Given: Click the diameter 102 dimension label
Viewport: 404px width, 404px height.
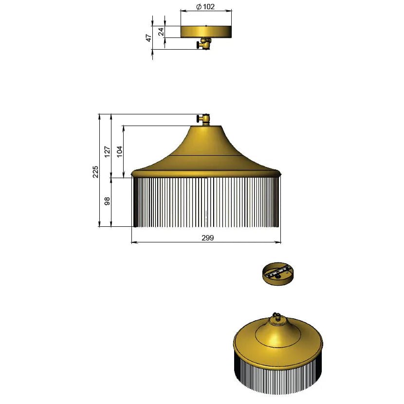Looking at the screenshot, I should coord(205,7).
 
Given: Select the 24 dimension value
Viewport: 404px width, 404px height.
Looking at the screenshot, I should coord(161,32).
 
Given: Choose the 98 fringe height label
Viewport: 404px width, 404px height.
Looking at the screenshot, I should coord(108,201).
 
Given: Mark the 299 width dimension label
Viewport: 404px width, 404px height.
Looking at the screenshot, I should coord(207,238).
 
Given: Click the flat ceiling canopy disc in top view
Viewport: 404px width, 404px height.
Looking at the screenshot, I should coord(206,31).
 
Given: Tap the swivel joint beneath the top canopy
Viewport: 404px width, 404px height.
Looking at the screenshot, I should coord(204,44).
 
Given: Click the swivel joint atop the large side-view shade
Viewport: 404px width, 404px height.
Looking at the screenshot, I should coord(204,119).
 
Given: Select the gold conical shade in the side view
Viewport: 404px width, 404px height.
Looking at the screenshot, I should coord(206,151).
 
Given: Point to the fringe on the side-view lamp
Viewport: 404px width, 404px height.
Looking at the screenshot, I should coord(206,202).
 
